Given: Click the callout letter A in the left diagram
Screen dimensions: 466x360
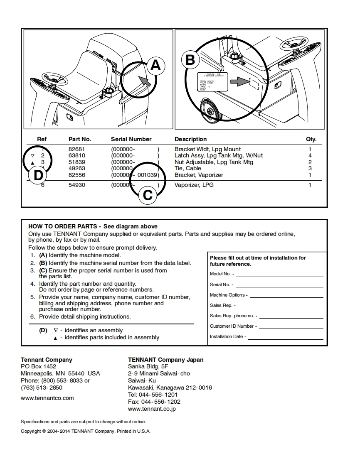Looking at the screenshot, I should [x=155, y=65].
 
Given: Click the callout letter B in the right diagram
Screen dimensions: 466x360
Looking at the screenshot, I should [x=190, y=60].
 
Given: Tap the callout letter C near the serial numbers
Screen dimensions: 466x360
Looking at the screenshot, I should [x=148, y=195].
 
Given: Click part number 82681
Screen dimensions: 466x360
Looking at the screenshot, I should [x=76, y=149].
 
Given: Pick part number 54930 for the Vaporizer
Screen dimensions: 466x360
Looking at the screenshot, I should [x=76, y=185].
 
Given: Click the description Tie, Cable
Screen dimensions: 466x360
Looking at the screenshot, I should [x=187, y=168].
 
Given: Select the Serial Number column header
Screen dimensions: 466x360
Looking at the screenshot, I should [x=131, y=139].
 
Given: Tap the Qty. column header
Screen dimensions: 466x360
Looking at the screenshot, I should [x=311, y=139].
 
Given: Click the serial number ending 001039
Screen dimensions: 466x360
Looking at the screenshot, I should [x=148, y=175].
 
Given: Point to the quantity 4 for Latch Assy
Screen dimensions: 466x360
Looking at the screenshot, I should [x=310, y=155].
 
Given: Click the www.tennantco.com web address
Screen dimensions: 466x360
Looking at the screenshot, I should [x=47, y=398].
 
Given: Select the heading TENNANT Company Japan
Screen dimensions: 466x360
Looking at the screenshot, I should [x=165, y=360].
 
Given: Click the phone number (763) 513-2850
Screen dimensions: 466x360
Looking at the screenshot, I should [x=42, y=388].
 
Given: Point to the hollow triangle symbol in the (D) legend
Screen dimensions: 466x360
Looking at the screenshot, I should [x=56, y=330].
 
